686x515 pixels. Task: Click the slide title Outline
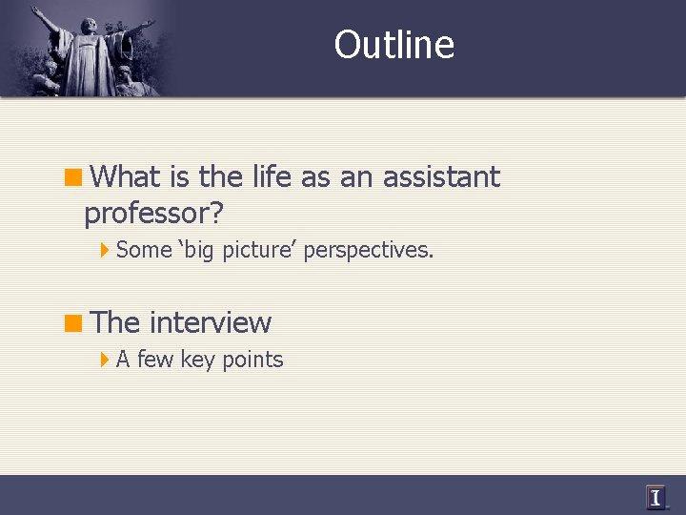click(394, 45)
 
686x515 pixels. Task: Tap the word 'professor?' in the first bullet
click(153, 213)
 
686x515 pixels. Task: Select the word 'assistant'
click(441, 176)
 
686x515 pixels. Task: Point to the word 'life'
click(272, 176)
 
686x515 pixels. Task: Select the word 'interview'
click(210, 322)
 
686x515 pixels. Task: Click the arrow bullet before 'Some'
click(105, 251)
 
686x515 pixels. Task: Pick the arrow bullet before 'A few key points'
click(105, 360)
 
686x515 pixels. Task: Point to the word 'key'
click(198, 360)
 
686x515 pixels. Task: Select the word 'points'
click(252, 360)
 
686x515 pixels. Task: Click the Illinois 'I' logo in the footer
click(656, 497)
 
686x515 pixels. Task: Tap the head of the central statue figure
click(88, 22)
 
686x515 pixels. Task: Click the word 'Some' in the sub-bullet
click(144, 251)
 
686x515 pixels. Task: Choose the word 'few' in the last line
click(156, 360)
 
